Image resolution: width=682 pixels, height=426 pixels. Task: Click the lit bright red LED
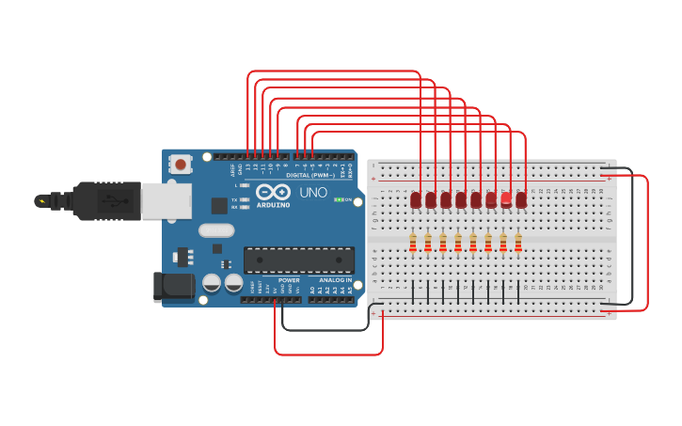(x=506, y=198)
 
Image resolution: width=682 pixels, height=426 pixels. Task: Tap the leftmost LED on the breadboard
(x=416, y=199)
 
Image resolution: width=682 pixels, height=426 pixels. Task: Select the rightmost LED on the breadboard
(x=521, y=199)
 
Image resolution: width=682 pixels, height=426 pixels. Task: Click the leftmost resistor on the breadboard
(x=413, y=244)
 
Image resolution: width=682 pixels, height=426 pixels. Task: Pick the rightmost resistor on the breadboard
(x=518, y=244)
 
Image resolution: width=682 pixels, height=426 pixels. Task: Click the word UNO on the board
(x=313, y=193)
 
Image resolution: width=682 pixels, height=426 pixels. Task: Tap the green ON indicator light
(x=339, y=199)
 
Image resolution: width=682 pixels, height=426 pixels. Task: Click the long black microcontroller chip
(x=299, y=260)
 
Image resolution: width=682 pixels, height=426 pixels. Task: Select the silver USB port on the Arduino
(x=167, y=201)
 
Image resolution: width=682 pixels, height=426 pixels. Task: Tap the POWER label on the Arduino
(x=289, y=280)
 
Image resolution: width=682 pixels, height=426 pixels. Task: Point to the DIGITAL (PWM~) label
(x=310, y=175)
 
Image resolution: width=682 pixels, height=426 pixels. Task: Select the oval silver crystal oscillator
(x=216, y=230)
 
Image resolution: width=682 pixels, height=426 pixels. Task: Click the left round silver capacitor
(x=213, y=282)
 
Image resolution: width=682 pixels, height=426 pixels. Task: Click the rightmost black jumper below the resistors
(x=518, y=292)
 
